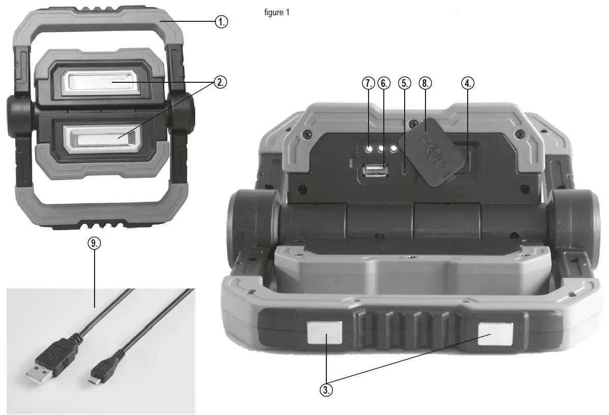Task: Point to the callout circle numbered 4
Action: point(468,83)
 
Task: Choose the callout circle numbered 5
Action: point(404,83)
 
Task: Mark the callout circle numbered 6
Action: point(385,83)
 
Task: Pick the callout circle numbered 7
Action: point(368,83)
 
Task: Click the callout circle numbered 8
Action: point(425,83)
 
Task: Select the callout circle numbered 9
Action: point(94,244)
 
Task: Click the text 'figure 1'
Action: point(277,13)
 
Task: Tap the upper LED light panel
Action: point(100,82)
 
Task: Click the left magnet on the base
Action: point(324,333)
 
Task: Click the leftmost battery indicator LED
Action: point(370,148)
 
